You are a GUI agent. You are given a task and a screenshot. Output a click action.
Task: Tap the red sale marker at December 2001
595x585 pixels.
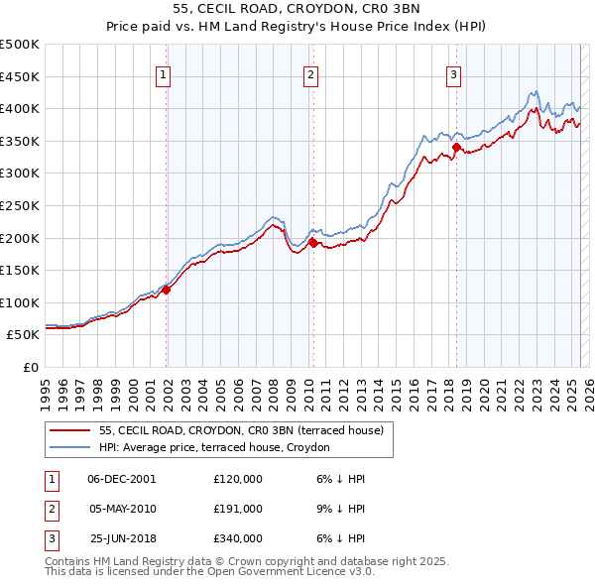click(x=167, y=290)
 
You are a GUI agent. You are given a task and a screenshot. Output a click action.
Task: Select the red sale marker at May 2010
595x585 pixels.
click(x=313, y=243)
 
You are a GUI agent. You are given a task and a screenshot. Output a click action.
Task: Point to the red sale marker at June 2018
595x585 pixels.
click(x=456, y=147)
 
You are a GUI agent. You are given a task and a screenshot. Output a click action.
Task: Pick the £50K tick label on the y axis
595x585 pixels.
click(x=23, y=335)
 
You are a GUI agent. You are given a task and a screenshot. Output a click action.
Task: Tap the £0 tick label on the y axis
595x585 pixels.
click(x=31, y=368)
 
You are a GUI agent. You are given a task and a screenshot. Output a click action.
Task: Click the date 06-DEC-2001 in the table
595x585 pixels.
click(x=122, y=479)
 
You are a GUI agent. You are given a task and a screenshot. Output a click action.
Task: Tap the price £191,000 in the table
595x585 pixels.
click(x=238, y=509)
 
